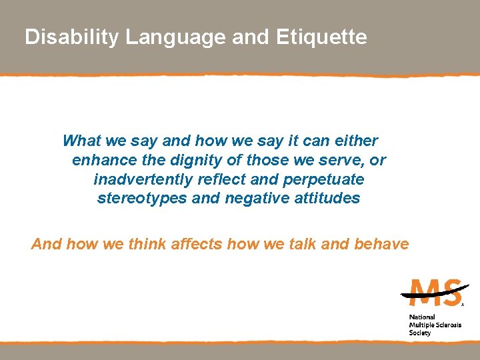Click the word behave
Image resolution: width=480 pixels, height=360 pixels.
[x=381, y=244]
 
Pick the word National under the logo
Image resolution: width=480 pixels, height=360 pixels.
[x=421, y=317]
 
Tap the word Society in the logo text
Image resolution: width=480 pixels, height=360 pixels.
[x=420, y=333]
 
